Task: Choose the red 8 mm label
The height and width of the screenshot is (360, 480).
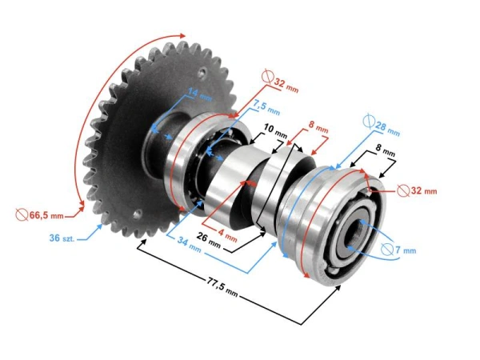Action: pyautogui.click(x=318, y=128)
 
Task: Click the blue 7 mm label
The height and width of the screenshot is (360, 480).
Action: pyautogui.click(x=405, y=250)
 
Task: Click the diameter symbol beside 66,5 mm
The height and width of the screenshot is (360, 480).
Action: pyautogui.click(x=22, y=215)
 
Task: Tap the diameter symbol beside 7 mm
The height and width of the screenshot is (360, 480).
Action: pyautogui.click(x=386, y=250)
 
